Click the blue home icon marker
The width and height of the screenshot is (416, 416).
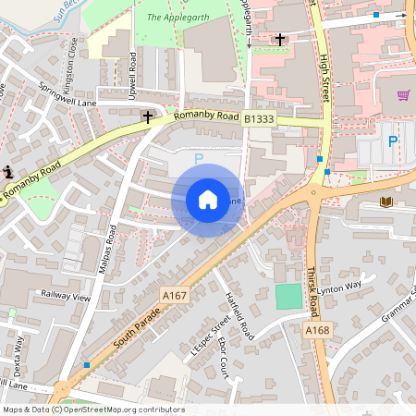[x=208, y=200]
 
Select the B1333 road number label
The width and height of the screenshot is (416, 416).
[x=260, y=119]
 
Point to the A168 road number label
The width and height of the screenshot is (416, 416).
[x=317, y=329]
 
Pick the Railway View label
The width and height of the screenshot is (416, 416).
[x=66, y=297]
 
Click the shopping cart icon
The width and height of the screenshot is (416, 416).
[x=403, y=94]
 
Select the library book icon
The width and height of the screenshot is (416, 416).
[x=385, y=202]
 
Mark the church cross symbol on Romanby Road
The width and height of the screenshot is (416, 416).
[x=147, y=117]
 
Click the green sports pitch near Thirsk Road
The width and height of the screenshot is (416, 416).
[x=288, y=297]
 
